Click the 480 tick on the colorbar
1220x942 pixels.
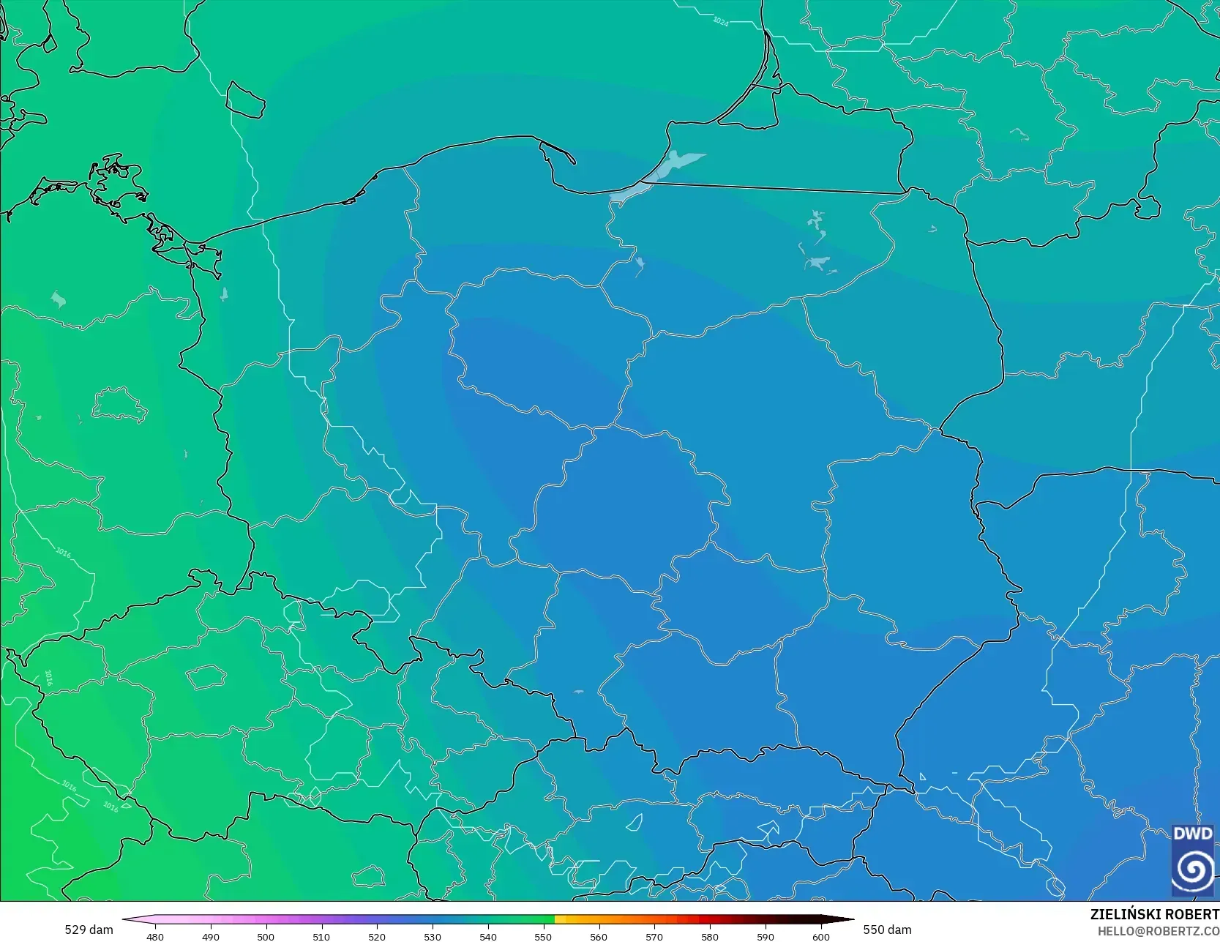click(x=155, y=936)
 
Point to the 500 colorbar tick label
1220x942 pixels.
click(x=266, y=936)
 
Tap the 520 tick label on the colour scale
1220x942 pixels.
click(x=377, y=936)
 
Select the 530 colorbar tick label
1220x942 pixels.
click(x=433, y=936)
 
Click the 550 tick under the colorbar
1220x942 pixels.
click(x=543, y=936)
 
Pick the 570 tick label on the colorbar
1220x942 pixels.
click(x=654, y=936)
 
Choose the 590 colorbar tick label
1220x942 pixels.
click(x=766, y=936)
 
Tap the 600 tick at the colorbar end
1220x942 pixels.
click(x=821, y=936)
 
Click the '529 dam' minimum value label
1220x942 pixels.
click(x=89, y=930)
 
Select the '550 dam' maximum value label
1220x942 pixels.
click(x=887, y=930)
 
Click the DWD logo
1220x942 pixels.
click(x=1192, y=859)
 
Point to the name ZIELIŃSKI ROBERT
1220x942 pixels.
click(x=1154, y=914)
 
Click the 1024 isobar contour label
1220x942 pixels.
click(x=721, y=21)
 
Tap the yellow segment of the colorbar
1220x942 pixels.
click(x=560, y=919)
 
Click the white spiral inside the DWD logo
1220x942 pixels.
click(x=1192, y=870)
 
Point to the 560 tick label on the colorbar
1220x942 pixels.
click(x=599, y=936)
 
